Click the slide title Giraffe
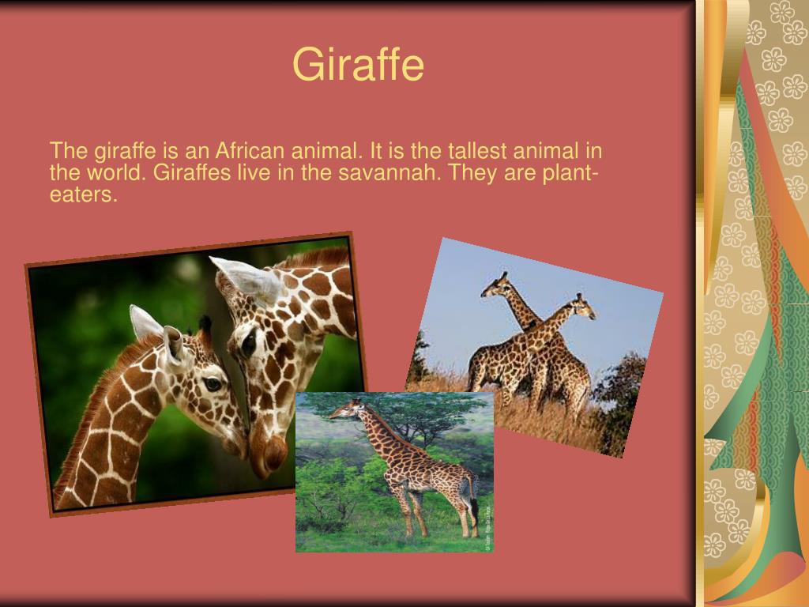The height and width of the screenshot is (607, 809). (358, 64)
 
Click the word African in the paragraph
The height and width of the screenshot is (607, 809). (250, 151)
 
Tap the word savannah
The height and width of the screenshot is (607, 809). (389, 172)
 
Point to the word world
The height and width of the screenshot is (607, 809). (117, 172)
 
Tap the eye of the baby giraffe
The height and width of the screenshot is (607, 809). (213, 384)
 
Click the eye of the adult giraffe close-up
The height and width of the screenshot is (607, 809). (249, 342)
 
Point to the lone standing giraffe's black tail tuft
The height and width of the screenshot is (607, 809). (474, 508)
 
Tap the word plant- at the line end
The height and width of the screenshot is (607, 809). (570, 172)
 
